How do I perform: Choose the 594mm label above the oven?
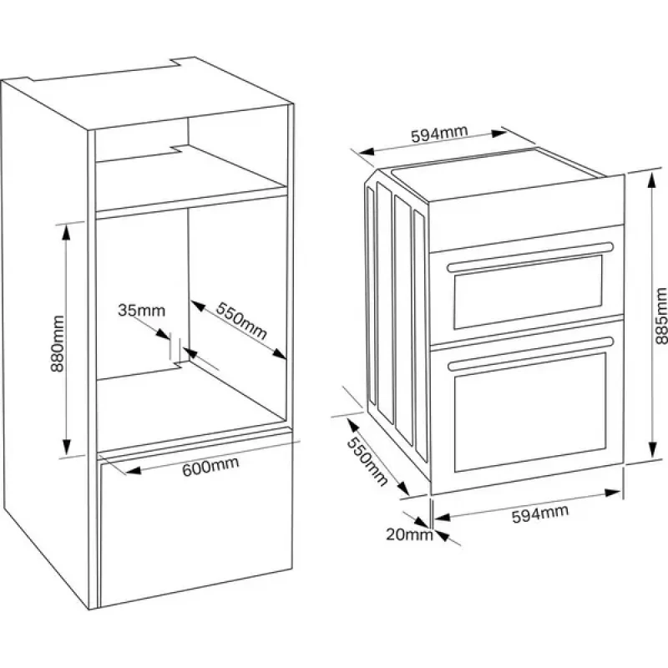(438, 135)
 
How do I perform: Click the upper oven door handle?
(529, 256)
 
